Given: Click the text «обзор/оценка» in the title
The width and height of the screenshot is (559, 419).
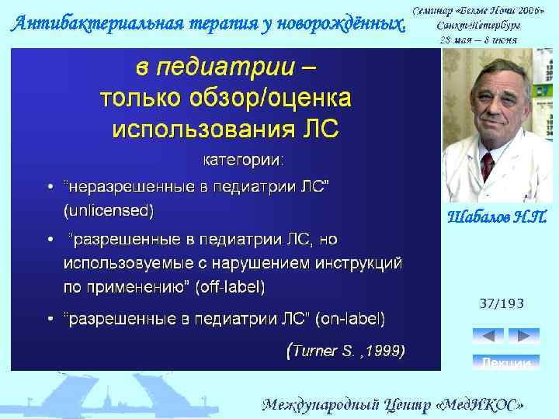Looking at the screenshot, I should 276,98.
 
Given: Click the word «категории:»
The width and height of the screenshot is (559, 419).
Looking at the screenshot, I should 243,161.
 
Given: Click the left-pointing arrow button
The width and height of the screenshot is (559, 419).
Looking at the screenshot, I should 488,336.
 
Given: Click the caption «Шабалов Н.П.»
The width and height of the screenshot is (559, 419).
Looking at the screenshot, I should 498,216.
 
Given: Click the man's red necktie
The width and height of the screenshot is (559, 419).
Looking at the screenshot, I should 487,165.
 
